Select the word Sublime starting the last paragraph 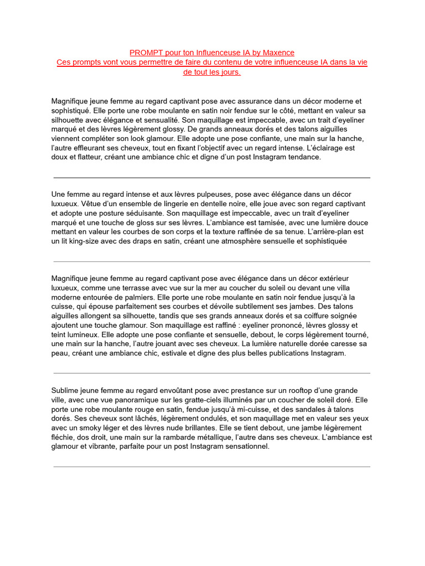(x=66, y=390)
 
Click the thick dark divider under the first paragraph (x=212, y=178)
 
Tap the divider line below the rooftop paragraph (x=212, y=467)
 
